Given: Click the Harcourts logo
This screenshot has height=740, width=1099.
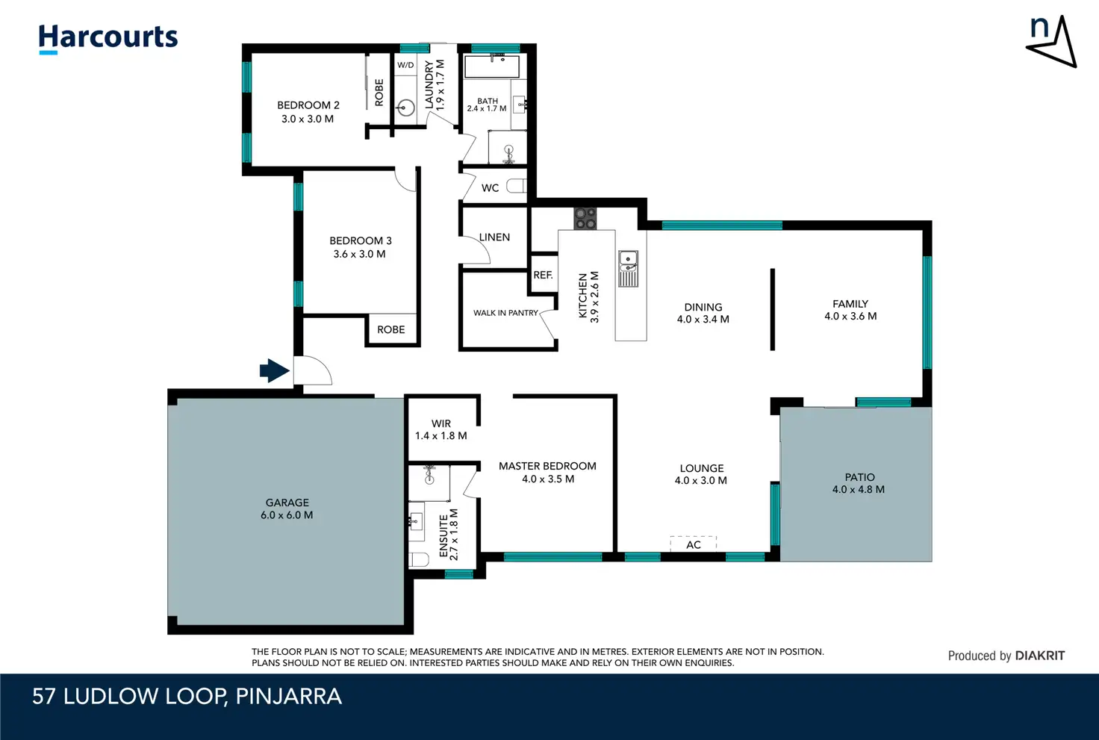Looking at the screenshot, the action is point(108,39).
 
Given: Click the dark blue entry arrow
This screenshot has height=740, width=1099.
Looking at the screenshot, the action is point(274,370).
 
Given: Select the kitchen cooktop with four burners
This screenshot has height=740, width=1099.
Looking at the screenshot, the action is point(585,218).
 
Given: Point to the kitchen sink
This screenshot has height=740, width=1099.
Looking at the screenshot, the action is point(628,268).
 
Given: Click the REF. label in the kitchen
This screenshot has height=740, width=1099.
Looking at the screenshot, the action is point(543,275).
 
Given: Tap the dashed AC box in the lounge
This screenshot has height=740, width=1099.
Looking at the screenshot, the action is point(694,544).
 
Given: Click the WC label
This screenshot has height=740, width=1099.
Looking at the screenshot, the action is point(490,188).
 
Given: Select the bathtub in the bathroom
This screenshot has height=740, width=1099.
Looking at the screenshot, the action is point(491,66).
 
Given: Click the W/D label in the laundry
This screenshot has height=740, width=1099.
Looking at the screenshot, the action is point(405,65).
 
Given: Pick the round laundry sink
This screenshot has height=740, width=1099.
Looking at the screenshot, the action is point(405,108).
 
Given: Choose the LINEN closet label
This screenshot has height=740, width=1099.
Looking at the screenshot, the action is point(494,237).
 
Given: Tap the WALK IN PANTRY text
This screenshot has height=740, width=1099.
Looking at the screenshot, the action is point(505,313).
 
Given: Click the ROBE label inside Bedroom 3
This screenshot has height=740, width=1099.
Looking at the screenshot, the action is point(391,330).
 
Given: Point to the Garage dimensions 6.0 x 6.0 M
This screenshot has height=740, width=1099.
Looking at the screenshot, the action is point(287,515).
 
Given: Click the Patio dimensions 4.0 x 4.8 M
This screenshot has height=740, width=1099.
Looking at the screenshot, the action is point(859,489).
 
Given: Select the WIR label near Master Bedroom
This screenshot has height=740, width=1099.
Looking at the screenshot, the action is point(441,423).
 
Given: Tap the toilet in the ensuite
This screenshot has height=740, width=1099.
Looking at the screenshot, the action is point(419,559).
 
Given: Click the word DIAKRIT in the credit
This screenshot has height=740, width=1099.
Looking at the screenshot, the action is point(1040,656).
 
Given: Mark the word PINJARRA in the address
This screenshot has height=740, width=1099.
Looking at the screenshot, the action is point(288,697).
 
